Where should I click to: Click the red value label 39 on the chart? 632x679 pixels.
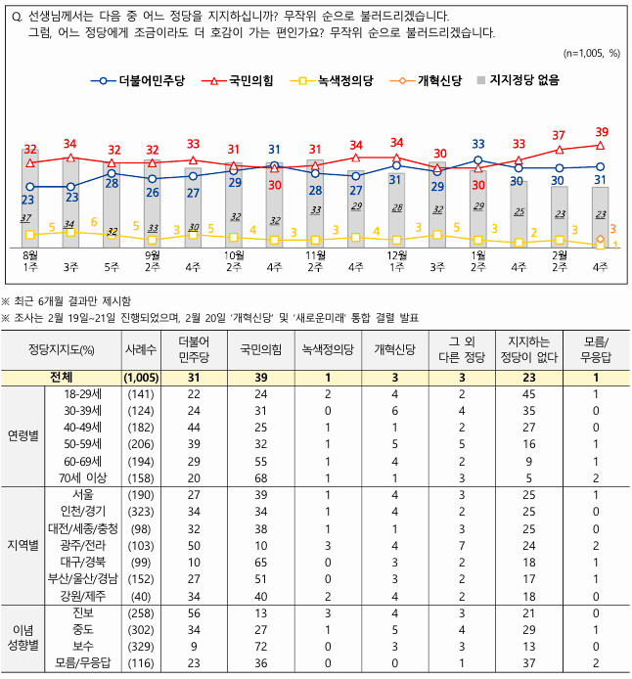click(602, 132)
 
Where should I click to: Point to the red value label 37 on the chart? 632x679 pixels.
click(559, 136)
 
